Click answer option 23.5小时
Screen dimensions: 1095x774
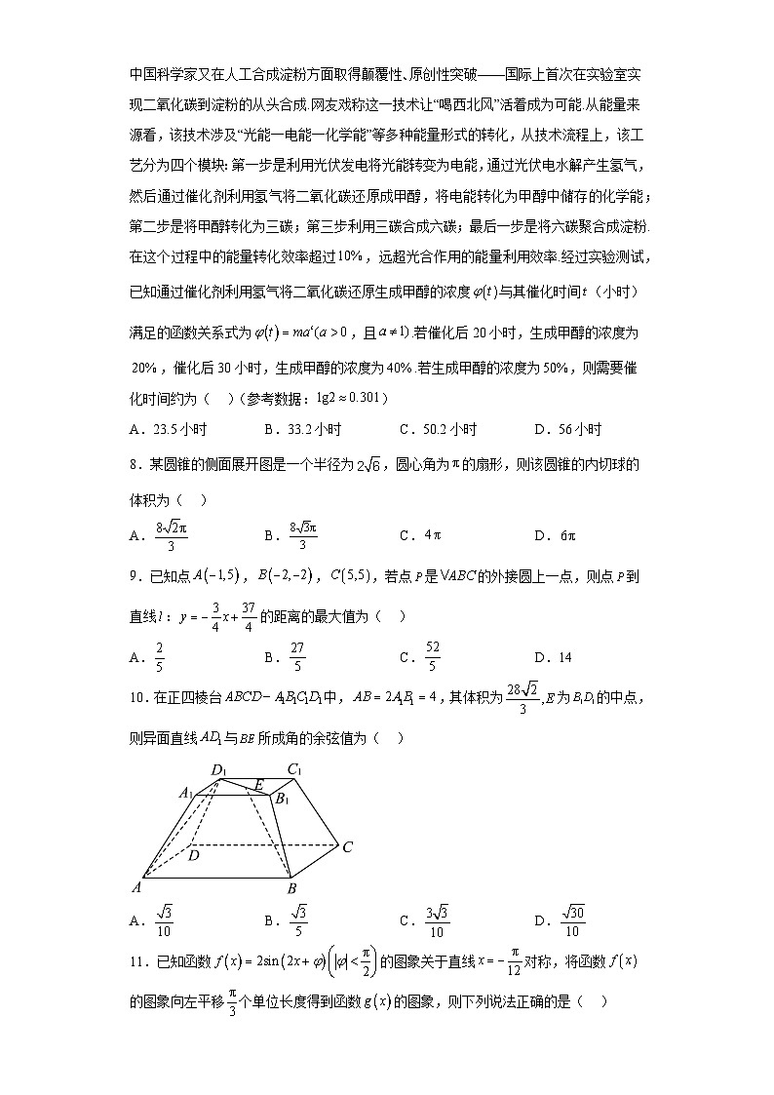(x=176, y=429)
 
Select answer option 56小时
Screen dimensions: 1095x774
(x=575, y=429)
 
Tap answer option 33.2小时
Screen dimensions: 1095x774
(x=311, y=429)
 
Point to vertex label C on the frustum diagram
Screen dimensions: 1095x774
(x=347, y=847)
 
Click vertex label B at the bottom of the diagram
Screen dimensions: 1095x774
(x=290, y=888)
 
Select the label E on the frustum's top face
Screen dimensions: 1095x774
(x=258, y=783)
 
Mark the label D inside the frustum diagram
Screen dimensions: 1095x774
(x=193, y=855)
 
